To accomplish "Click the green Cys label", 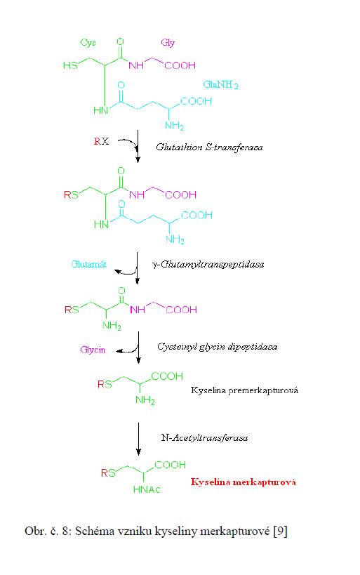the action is click(88, 43).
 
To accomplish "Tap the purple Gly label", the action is click(168, 43).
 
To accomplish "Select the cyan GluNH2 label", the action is click(220, 85).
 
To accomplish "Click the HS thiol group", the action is click(70, 65).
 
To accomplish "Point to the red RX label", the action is click(101, 141).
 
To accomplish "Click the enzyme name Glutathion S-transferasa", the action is click(209, 147).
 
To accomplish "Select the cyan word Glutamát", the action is click(88, 264).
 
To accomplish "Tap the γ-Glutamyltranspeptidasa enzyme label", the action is click(208, 265).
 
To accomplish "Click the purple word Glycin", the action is click(93, 350).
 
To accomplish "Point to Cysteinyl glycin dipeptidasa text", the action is click(217, 347).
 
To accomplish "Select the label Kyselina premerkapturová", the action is click(244, 390).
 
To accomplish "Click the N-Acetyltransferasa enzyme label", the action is click(204, 438).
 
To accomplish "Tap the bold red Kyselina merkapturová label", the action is click(243, 482).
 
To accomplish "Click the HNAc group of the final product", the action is click(147, 489).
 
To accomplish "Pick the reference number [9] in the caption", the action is click(281, 531).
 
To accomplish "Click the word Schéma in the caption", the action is click(95, 531).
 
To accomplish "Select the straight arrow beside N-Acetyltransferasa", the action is click(138, 439).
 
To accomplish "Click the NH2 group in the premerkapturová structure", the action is click(145, 399).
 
